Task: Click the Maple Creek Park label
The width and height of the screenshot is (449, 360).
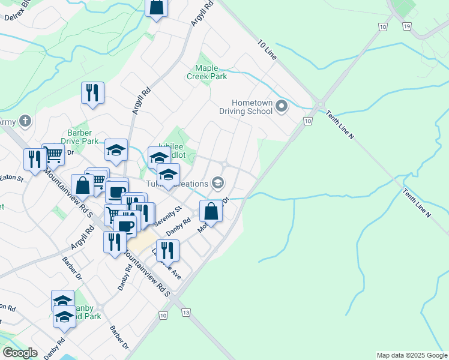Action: pyautogui.click(x=206, y=73)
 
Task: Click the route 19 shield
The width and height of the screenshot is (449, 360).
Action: pyautogui.click(x=407, y=26)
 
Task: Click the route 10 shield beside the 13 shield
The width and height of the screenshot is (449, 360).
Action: pyautogui.click(x=163, y=315)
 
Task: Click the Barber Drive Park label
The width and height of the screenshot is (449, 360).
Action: pyautogui.click(x=83, y=137)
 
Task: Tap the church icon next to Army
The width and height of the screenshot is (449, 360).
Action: pyautogui.click(x=25, y=121)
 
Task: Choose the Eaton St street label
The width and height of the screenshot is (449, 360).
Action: pyautogui.click(x=11, y=178)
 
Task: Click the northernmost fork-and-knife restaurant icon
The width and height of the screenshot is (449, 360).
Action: pyautogui.click(x=92, y=92)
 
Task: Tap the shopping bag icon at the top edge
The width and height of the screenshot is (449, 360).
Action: pyautogui.click(x=156, y=7)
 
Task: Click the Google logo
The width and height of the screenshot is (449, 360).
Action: pyautogui.click(x=20, y=353)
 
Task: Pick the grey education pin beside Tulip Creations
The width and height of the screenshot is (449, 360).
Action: pyautogui.click(x=218, y=182)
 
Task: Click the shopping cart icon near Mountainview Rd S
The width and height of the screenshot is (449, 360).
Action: pyautogui.click(x=53, y=154)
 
